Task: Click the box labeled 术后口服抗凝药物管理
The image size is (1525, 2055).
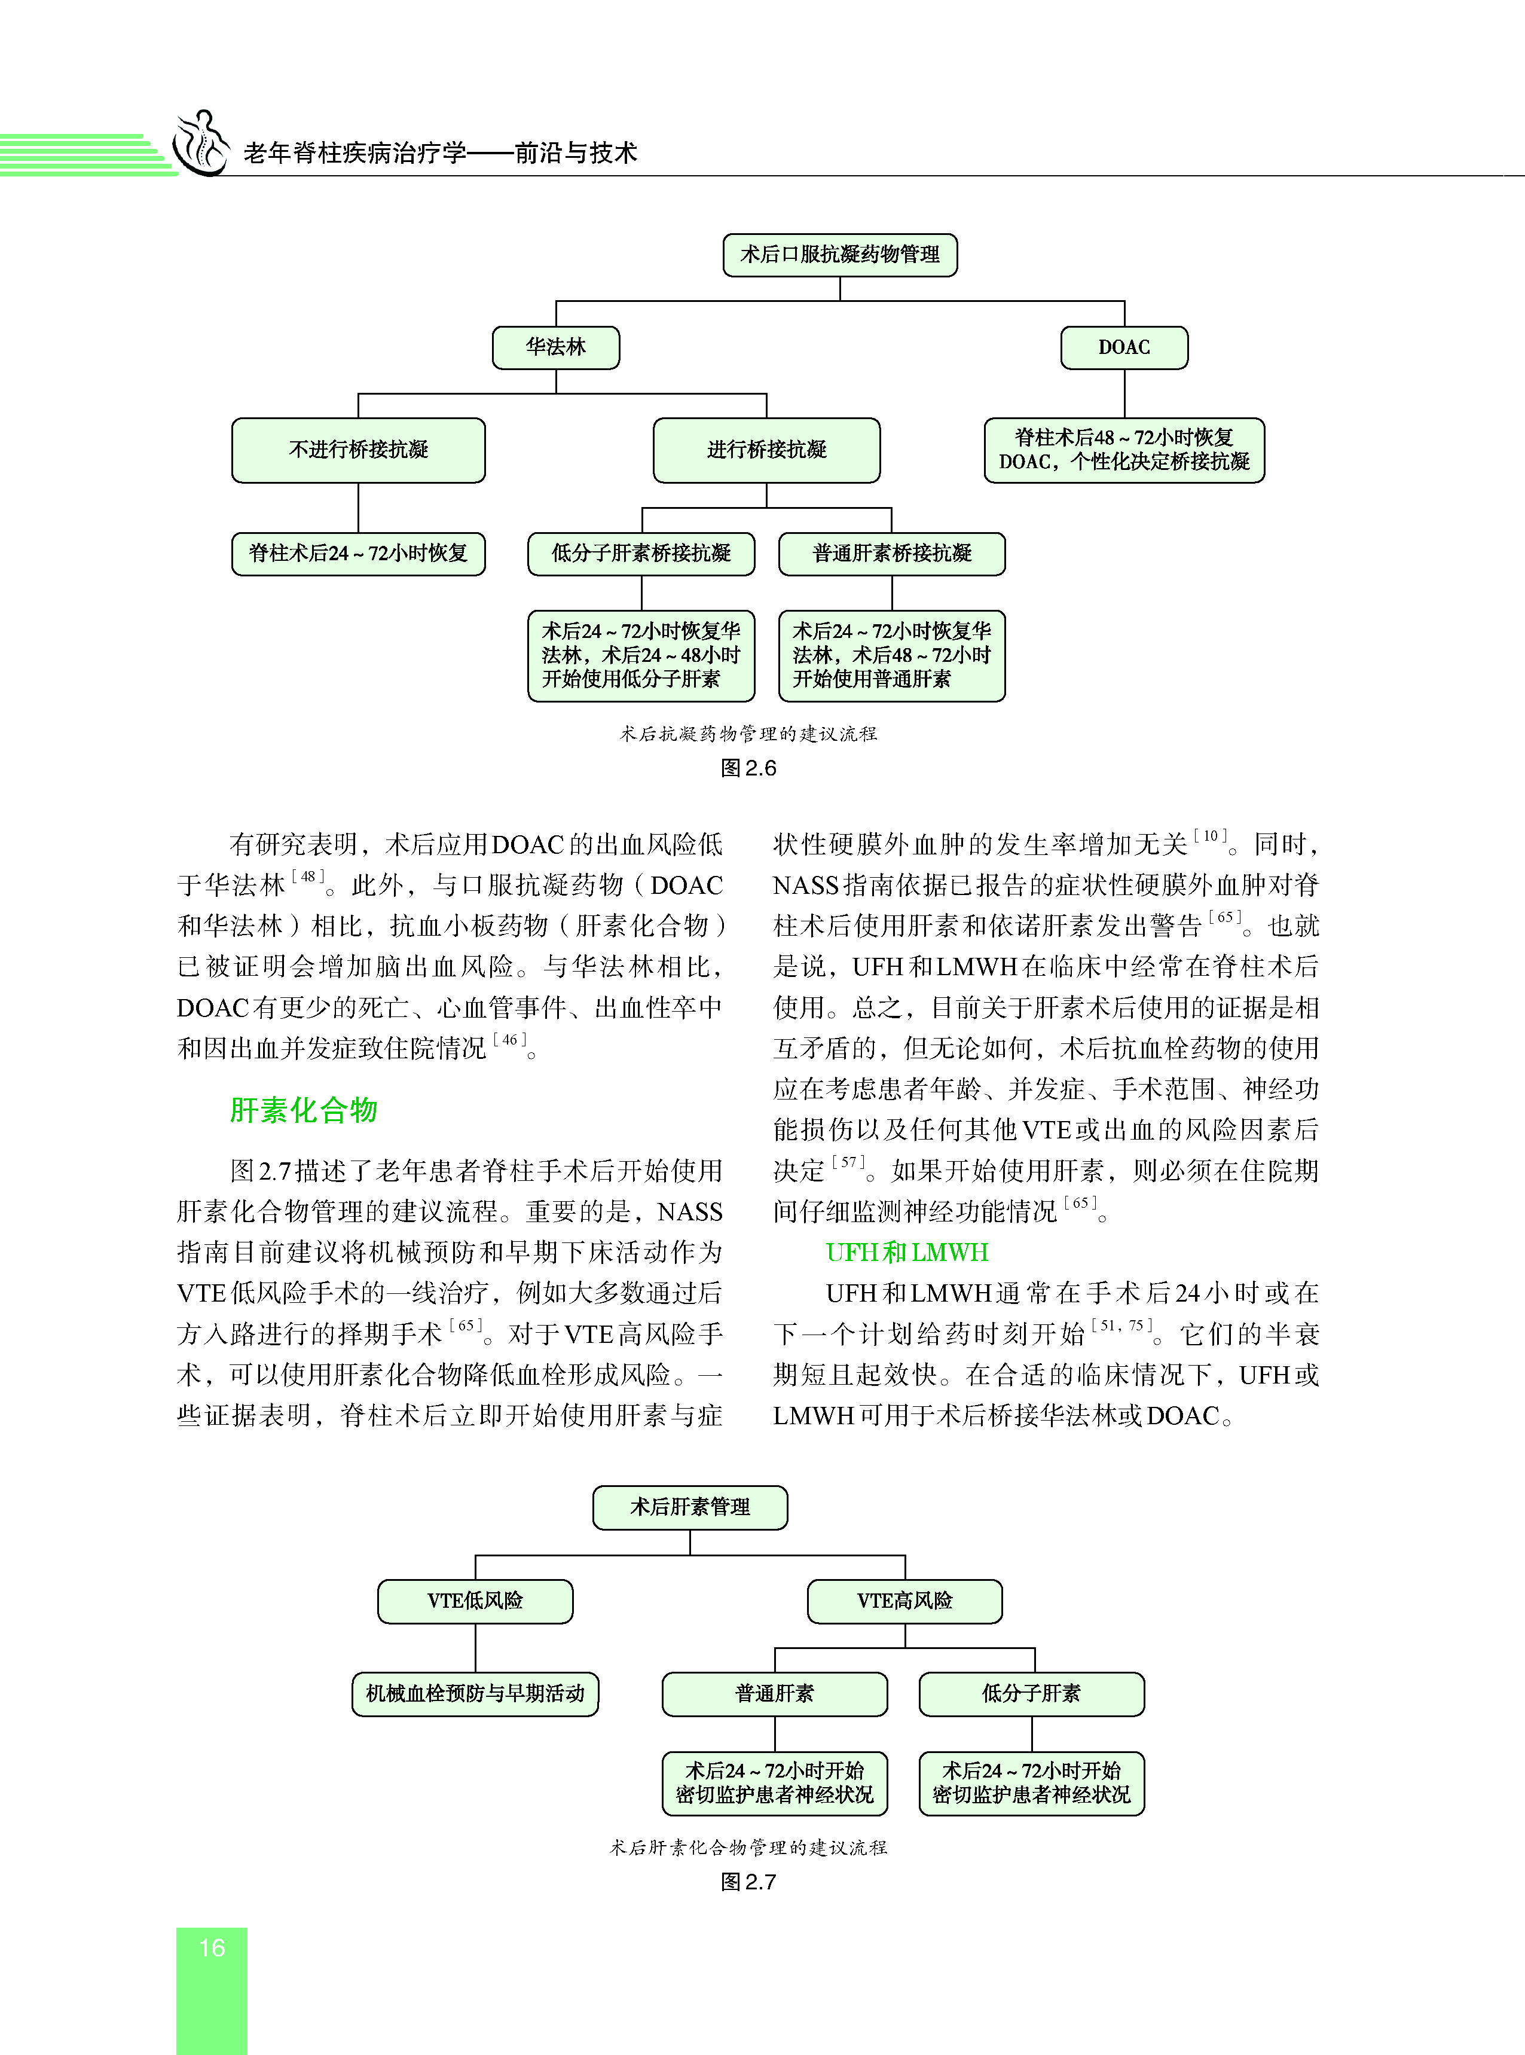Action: [x=839, y=255]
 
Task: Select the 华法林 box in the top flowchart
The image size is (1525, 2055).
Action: [x=556, y=347]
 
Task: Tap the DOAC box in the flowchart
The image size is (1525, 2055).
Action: [x=1123, y=347]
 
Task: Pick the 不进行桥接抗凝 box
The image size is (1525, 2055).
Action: [x=358, y=450]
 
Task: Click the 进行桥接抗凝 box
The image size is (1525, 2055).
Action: [x=766, y=450]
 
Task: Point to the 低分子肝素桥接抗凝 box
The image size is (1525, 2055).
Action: [x=641, y=553]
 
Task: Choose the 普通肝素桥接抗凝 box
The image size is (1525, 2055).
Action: [x=892, y=553]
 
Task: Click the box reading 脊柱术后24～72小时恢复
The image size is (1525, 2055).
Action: [x=358, y=553]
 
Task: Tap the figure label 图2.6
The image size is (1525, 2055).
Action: [x=748, y=768]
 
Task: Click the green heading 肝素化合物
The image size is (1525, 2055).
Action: [x=304, y=1110]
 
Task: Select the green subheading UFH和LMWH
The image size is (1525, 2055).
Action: [x=906, y=1252]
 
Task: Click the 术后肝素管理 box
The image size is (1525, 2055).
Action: [x=690, y=1507]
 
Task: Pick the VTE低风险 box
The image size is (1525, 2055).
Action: [x=475, y=1601]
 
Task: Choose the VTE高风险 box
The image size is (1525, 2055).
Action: [x=904, y=1601]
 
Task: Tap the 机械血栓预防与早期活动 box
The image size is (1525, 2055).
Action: [x=475, y=1693]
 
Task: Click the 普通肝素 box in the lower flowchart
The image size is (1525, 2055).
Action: [x=775, y=1693]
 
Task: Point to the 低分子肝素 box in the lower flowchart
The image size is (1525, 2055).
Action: [x=1031, y=1693]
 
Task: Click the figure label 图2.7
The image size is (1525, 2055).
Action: [x=748, y=1882]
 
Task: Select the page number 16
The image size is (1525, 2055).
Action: [x=212, y=1948]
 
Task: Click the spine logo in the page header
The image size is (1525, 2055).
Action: [x=201, y=143]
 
